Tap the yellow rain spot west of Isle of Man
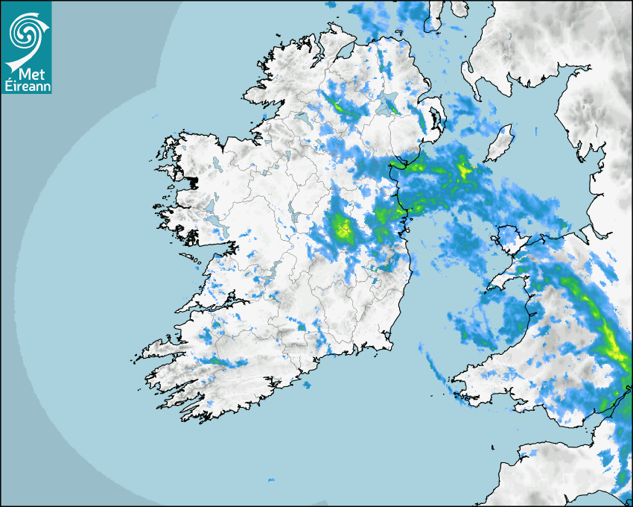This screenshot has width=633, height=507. (465, 169)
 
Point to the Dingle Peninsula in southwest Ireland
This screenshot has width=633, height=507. (160, 347)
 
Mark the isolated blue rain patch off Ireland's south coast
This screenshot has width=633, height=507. (307, 385)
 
